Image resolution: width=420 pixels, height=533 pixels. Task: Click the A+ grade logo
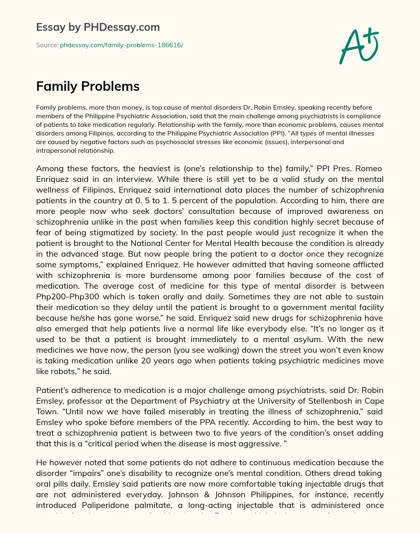point(359,46)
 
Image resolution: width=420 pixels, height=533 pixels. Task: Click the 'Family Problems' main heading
point(88,86)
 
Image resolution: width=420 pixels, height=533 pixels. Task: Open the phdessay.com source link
point(121,45)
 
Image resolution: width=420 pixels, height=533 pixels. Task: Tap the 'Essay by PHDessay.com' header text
point(98,27)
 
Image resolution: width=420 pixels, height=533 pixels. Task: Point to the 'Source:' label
point(47,45)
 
